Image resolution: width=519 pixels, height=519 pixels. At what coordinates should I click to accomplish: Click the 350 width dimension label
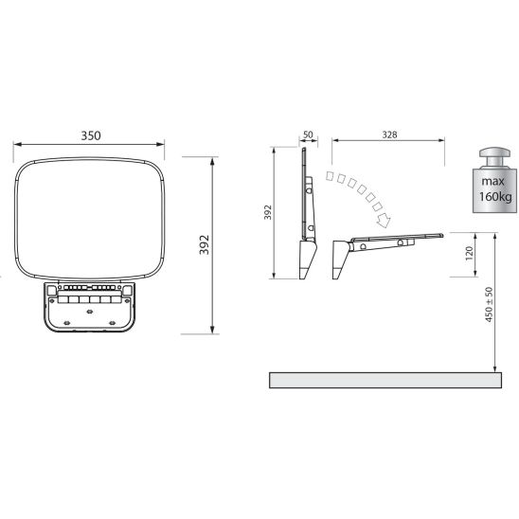91,135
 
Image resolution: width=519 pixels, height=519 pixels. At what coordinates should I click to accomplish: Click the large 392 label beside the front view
205,244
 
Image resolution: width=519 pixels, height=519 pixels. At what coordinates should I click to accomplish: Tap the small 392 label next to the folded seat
267,212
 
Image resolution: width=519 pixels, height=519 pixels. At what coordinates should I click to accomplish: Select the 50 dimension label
308,134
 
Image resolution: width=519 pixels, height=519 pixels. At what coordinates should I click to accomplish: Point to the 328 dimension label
389,134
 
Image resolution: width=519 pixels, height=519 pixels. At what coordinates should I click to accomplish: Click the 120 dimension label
470,253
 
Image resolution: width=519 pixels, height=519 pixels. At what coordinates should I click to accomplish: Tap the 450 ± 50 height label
489,305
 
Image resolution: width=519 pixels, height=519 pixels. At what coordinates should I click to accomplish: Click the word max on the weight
492,181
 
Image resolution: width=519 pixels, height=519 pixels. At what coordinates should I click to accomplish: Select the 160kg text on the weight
495,197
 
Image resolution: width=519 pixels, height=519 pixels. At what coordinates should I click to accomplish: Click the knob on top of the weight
494,157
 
